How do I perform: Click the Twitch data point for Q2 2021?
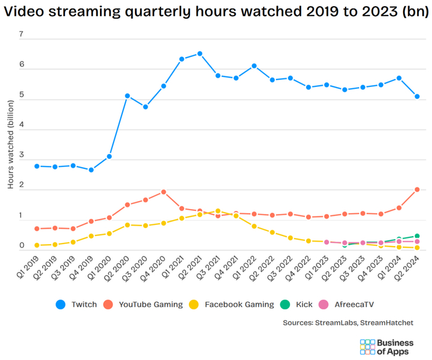tap(199, 54)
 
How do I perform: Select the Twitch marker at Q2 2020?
tap(127, 96)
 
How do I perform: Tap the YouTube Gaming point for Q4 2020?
tap(164, 192)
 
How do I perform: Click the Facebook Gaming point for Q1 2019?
tap(37, 245)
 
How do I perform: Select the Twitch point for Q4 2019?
tap(91, 170)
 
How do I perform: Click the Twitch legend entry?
tap(77, 304)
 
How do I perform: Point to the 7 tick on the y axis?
tap(21, 35)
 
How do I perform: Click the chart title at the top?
tap(215, 12)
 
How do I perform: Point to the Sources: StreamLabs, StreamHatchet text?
tap(348, 322)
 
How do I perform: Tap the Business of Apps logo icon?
tap(368, 346)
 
